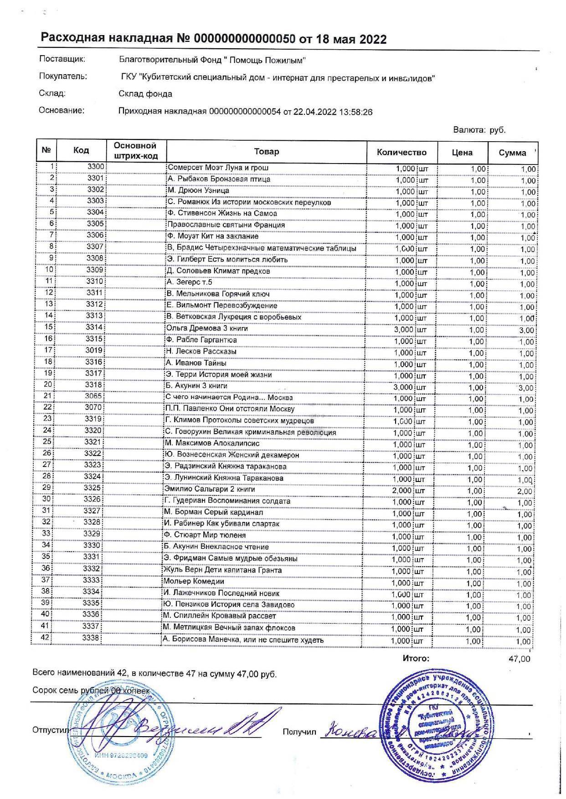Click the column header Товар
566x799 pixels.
pos(267,152)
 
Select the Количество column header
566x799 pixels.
pos(401,152)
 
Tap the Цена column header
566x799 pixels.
pos(462,153)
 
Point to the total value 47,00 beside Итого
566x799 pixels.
pos(519,659)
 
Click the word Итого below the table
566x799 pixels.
pos(416,658)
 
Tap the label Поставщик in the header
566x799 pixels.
pos(62,59)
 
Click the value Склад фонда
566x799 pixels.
pos(145,94)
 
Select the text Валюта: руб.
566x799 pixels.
pos(479,130)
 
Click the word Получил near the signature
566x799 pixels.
pos(299,732)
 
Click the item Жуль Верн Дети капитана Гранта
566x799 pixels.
pos(223,570)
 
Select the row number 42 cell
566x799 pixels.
pos(45,638)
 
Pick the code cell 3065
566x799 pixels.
pos(93,396)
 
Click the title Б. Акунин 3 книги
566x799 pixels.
pos(196,386)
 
